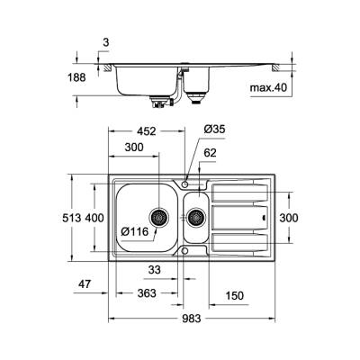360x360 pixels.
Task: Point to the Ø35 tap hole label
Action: pos(213,129)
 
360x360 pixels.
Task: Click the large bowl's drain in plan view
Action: pos(159,217)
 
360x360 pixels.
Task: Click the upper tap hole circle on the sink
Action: pos(185,183)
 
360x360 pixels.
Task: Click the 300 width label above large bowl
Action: pos(135,147)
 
